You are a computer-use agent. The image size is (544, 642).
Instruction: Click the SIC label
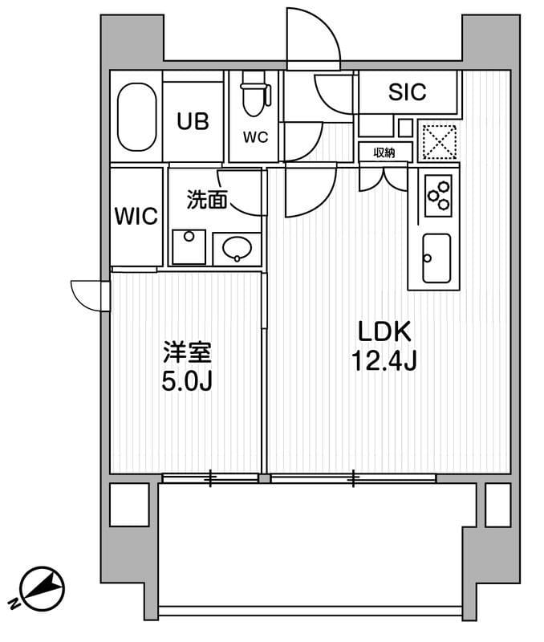click(408, 92)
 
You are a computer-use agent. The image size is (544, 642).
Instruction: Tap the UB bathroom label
click(193, 121)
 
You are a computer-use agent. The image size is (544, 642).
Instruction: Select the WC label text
click(255, 136)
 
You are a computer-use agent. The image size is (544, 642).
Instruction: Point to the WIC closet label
click(136, 216)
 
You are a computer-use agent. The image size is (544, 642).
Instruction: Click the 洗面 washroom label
click(206, 199)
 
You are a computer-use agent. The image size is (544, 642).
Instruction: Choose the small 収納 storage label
click(383, 152)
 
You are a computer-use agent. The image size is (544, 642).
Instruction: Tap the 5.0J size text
click(187, 380)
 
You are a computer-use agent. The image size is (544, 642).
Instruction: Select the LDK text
click(384, 331)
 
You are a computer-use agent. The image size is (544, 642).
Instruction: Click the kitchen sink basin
click(436, 258)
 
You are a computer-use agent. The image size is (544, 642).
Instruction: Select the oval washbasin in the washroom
click(237, 248)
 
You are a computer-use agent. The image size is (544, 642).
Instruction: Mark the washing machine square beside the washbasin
click(189, 247)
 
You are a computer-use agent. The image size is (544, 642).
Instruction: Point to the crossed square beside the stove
click(438, 141)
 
